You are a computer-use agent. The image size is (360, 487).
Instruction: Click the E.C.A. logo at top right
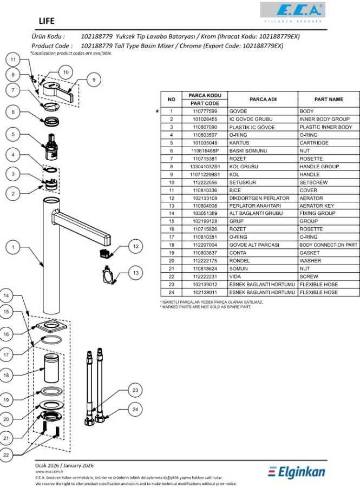pyautogui.click(x=292, y=11)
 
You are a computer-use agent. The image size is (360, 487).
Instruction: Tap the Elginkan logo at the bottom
pyautogui.click(x=297, y=472)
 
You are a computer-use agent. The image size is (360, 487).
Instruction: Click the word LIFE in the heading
pyautogui.click(x=47, y=21)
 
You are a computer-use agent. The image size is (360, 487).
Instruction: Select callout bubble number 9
pyautogui.click(x=94, y=80)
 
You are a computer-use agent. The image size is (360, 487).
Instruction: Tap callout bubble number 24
pyautogui.click(x=136, y=409)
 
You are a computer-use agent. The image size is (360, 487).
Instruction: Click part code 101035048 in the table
pyautogui.click(x=205, y=143)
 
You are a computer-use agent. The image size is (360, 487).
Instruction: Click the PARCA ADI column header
pyautogui.click(x=263, y=99)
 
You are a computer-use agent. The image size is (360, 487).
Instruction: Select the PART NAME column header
pyautogui.click(x=329, y=99)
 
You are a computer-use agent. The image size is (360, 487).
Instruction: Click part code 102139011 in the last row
pyautogui.click(x=205, y=292)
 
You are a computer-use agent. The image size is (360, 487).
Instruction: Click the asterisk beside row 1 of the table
pyautogui.click(x=158, y=111)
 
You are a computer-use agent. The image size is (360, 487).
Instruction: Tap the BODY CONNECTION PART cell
pyautogui.click(x=328, y=245)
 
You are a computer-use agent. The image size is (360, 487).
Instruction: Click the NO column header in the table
pyautogui.click(x=171, y=99)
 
